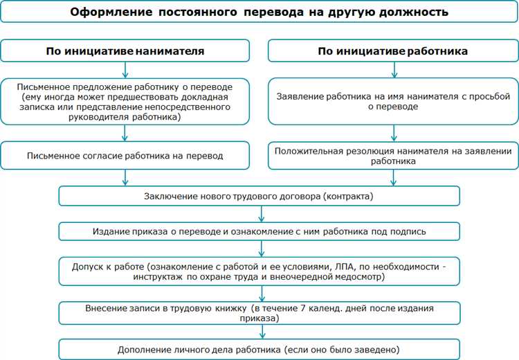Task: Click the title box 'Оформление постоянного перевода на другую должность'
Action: pyautogui.click(x=259, y=12)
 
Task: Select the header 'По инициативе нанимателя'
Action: pyautogui.click(x=125, y=51)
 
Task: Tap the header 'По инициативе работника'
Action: pyautogui.click(x=393, y=51)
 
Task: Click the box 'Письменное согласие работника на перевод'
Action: pyautogui.click(x=125, y=156)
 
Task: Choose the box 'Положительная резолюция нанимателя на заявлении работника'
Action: pyautogui.click(x=393, y=156)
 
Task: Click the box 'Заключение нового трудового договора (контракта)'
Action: pyautogui.click(x=259, y=196)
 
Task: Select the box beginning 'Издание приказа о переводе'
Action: pyautogui.click(x=259, y=231)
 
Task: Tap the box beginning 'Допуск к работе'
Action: pyautogui.click(x=259, y=271)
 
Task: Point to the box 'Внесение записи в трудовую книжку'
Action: pyautogui.click(x=259, y=313)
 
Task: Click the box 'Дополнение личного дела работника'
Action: pyautogui.click(x=259, y=348)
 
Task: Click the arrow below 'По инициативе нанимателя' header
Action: pyautogui.click(x=125, y=70)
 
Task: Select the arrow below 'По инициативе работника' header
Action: pyautogui.click(x=394, y=70)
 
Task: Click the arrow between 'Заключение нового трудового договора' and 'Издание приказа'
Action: pyautogui.click(x=262, y=213)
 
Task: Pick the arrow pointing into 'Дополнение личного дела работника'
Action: pyautogui.click(x=262, y=332)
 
